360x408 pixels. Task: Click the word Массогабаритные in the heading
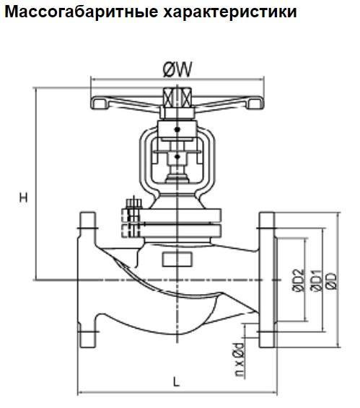click(x=82, y=12)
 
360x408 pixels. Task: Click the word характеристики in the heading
click(x=230, y=12)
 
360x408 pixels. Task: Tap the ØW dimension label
click(x=177, y=69)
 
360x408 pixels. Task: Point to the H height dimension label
click(x=24, y=198)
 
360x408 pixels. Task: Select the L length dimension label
click(x=177, y=382)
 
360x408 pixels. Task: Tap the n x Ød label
click(x=239, y=360)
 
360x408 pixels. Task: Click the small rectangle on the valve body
click(x=177, y=260)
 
